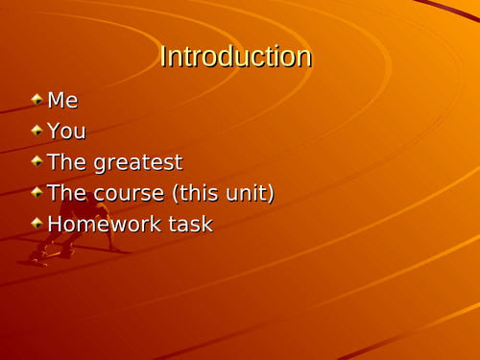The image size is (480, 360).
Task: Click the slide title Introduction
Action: click(x=235, y=57)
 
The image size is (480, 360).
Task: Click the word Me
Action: click(x=62, y=100)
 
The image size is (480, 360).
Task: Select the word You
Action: click(x=66, y=131)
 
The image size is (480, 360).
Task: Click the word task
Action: click(x=190, y=224)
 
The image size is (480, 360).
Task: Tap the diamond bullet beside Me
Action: click(x=36, y=99)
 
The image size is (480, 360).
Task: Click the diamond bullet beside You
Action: click(x=36, y=130)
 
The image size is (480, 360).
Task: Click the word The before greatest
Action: click(x=65, y=162)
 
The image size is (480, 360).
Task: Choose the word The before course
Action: click(x=65, y=193)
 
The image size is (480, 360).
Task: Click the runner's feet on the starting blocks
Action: click(x=38, y=256)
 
